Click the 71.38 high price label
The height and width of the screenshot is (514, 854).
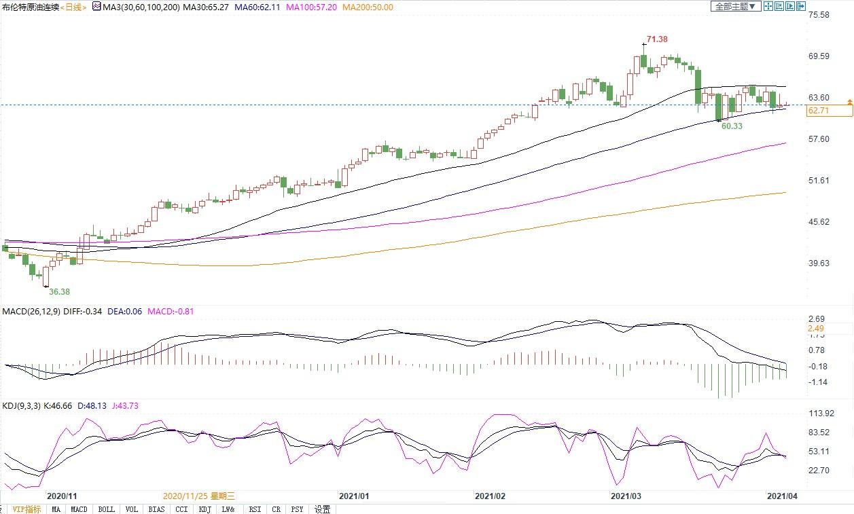pos(658,39)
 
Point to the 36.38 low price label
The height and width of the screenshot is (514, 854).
pos(58,291)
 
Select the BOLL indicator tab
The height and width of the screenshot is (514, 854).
pos(106,509)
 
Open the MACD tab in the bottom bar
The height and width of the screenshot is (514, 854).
pos(79,509)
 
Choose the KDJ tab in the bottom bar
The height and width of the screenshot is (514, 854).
pos(204,509)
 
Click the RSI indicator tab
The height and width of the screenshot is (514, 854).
pos(255,509)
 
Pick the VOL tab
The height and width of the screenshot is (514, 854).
pos(132,509)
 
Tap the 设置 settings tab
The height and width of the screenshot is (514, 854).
pos(322,509)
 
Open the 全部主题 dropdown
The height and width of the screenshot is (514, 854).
pos(733,6)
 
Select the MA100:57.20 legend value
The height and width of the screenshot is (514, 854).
pos(311,6)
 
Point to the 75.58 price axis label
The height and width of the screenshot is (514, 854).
pos(819,15)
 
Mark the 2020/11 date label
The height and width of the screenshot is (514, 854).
pos(61,496)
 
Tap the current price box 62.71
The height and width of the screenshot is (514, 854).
pos(819,111)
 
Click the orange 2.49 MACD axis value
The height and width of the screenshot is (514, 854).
pos(815,329)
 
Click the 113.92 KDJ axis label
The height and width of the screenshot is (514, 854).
pos(821,414)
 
